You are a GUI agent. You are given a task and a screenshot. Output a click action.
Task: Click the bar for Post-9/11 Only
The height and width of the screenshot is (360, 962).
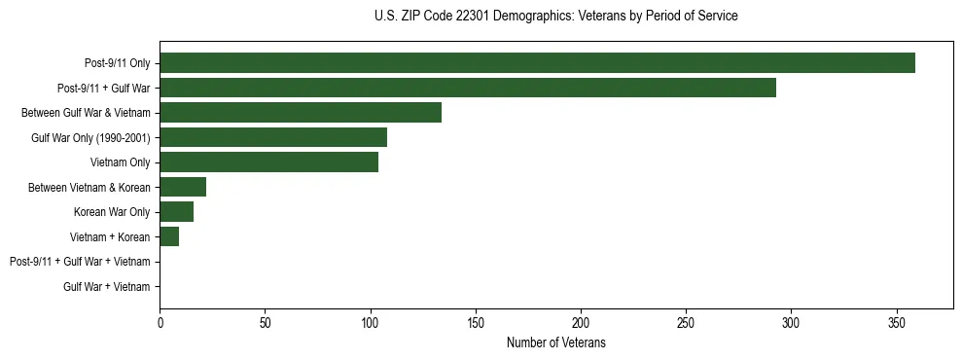coord(537,63)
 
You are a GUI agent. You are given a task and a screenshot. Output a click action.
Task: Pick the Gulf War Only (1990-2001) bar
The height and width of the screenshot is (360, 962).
coord(273,137)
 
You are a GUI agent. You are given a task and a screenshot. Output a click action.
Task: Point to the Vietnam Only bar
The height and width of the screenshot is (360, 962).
coord(268,162)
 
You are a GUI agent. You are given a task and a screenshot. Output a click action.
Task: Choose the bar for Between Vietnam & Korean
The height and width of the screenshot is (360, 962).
coord(183,187)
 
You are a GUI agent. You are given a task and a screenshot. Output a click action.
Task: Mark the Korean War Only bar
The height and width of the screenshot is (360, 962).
coord(177,212)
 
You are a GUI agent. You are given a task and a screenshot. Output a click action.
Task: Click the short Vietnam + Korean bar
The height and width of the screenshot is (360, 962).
coord(169,236)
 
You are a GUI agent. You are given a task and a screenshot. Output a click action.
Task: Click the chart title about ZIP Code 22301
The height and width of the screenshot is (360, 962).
coord(555,17)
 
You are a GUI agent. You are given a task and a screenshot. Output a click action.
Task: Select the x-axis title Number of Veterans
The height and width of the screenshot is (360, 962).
coord(555,342)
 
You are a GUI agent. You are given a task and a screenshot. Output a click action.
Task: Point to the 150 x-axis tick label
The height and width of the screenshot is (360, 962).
coord(476,322)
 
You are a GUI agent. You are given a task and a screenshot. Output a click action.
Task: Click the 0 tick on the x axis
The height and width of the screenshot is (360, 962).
coord(160,322)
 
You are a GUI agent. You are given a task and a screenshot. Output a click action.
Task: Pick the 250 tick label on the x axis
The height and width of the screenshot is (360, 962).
coord(687,322)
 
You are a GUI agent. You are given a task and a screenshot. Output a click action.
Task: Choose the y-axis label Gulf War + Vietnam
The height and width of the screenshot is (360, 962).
coord(107,286)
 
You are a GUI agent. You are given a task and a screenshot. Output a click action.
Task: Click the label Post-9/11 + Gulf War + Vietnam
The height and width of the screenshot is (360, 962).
coord(80,262)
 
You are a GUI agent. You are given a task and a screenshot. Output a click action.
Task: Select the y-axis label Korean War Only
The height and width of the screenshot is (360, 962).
coord(112,212)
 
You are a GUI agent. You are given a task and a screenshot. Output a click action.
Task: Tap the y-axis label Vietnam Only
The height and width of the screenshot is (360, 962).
coord(120,162)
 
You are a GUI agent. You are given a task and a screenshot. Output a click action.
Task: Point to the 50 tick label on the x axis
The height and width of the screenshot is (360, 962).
coord(266,322)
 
